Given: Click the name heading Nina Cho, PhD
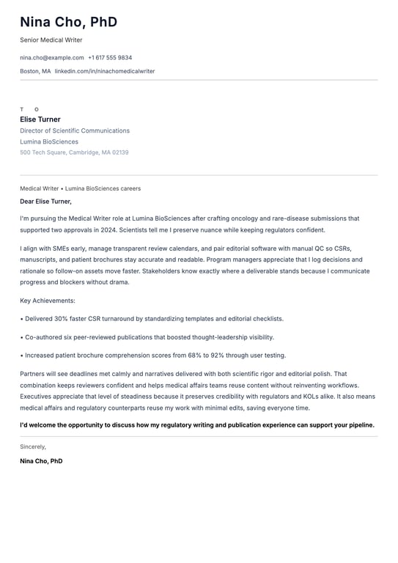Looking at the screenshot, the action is point(68,22).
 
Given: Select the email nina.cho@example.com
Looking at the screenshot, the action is point(51,57).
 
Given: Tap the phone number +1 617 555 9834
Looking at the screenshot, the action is point(110,57).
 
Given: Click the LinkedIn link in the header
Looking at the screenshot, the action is point(105,71).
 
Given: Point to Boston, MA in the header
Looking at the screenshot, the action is point(35,71).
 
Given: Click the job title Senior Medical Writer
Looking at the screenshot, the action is point(51,40).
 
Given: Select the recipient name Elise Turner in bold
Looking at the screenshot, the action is point(40,119).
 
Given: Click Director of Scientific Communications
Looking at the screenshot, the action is point(75,130).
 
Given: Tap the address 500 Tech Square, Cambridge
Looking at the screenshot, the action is point(74,152).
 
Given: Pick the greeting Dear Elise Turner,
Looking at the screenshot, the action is point(45,201).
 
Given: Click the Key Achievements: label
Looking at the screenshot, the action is point(48,301).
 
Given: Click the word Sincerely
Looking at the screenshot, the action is point(33,446).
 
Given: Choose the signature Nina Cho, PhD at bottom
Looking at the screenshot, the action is point(41,461).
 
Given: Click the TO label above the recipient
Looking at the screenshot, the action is point(29,109).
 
